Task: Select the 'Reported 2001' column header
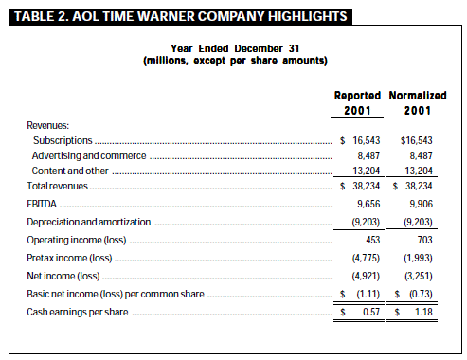pyautogui.click(x=357, y=103)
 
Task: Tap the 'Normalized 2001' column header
pyautogui.click(x=418, y=103)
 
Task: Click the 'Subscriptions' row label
pyautogui.click(x=63, y=140)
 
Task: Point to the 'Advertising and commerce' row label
pyautogui.click(x=89, y=155)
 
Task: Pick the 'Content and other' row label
pyautogui.click(x=70, y=171)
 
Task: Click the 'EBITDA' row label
pyautogui.click(x=42, y=204)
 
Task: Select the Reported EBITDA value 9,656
pyautogui.click(x=368, y=204)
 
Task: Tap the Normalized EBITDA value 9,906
pyautogui.click(x=421, y=204)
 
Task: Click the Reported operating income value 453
pyautogui.click(x=373, y=240)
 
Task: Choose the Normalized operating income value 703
pyautogui.click(x=425, y=240)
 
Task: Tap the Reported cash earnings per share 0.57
pyautogui.click(x=371, y=312)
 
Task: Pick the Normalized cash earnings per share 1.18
pyautogui.click(x=423, y=312)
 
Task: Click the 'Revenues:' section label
pyautogui.click(x=48, y=125)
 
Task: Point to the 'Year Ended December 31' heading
pyautogui.click(x=235, y=48)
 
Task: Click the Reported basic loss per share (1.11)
pyautogui.click(x=368, y=295)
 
